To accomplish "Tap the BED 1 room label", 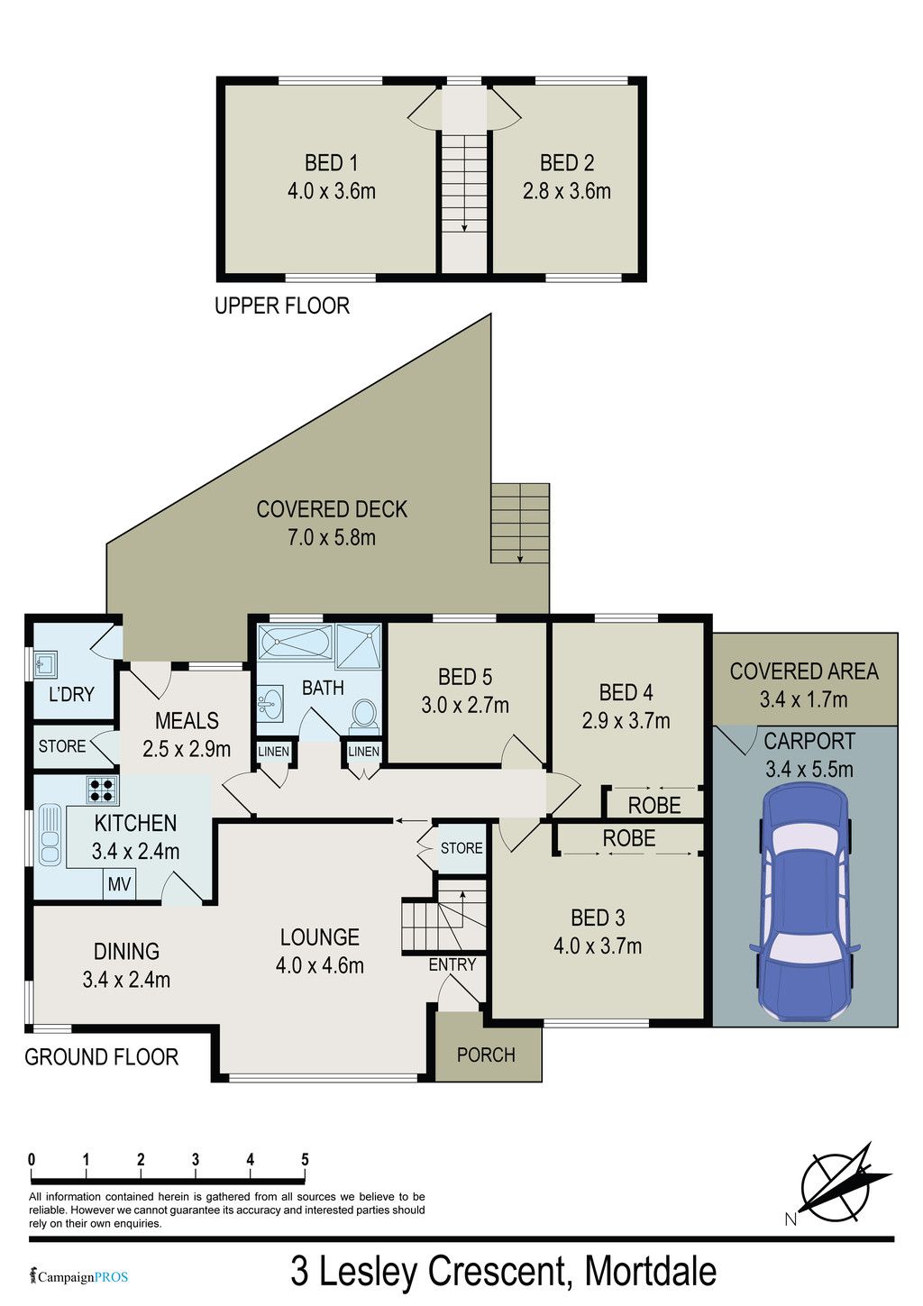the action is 331,162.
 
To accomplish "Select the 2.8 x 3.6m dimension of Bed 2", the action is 567,191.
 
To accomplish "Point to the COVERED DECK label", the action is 332,509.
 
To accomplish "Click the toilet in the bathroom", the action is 364,716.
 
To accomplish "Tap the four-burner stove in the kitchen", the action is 102,790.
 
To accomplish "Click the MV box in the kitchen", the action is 120,884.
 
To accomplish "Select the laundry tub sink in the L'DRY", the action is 45,664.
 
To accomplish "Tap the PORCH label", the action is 486,1055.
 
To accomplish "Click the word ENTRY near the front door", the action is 452,965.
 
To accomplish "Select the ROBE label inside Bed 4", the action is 654,806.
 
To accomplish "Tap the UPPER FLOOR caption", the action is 282,306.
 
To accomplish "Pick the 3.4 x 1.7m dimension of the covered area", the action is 803,699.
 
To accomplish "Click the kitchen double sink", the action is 50,833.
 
